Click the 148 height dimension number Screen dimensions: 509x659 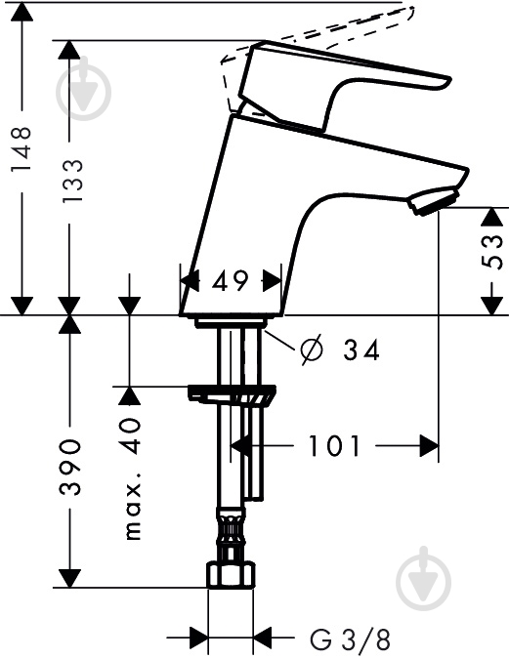click(x=21, y=148)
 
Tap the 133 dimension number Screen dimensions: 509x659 click(x=72, y=182)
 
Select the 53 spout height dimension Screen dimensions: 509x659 click(x=491, y=251)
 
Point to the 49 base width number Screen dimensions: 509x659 click(x=231, y=281)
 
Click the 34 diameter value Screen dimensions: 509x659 click(x=361, y=350)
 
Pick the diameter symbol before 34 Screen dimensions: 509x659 click(x=312, y=350)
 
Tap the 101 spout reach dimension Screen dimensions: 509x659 click(x=335, y=446)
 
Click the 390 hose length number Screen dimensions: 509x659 click(x=70, y=467)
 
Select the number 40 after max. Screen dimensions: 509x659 click(x=132, y=435)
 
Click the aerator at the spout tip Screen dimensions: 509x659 click(x=433, y=201)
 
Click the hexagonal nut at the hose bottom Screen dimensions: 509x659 click(x=231, y=575)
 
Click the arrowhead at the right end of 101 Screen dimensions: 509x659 click(x=430, y=446)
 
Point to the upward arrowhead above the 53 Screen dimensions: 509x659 click(x=492, y=218)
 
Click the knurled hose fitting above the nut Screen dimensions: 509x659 click(x=231, y=533)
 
